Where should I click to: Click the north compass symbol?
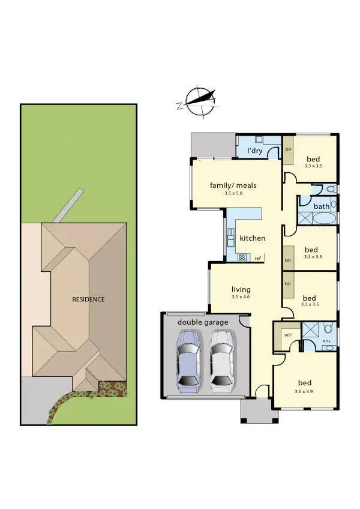197,101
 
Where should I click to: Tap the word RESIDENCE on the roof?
88,299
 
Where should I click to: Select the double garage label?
203,322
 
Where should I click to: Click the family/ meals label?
233,185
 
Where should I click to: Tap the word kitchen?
252,238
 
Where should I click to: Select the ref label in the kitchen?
257,258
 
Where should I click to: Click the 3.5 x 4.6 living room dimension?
240,297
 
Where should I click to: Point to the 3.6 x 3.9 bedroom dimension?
305,391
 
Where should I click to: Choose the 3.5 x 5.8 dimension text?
233,194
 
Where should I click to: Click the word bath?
322,206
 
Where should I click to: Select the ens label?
326,347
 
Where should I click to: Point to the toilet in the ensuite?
328,329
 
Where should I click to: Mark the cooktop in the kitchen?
242,258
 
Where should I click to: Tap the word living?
240,289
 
